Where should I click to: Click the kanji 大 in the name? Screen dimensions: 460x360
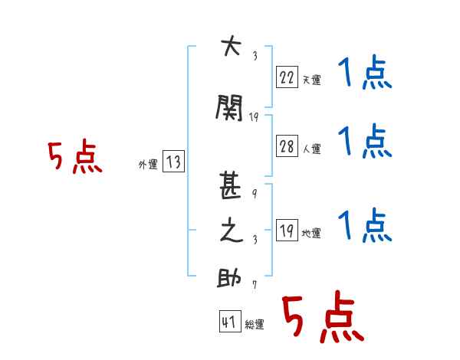[x=232, y=45]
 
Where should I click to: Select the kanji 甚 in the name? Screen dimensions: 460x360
[x=230, y=185]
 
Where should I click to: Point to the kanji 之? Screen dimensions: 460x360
[x=232, y=230]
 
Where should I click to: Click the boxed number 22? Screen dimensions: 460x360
[x=287, y=77]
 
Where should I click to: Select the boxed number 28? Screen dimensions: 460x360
[x=287, y=146]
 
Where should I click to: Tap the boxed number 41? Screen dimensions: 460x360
[x=230, y=321]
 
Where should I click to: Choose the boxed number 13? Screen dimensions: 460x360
[x=173, y=161]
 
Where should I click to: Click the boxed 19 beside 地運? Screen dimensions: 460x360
[x=287, y=230]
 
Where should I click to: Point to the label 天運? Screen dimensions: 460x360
[x=312, y=80]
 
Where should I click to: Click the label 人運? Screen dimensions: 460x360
[x=312, y=149]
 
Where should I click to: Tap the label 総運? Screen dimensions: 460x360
[x=255, y=324]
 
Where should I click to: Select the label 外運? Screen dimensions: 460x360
[x=148, y=165]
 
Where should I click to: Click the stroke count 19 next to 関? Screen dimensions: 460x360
[x=254, y=117]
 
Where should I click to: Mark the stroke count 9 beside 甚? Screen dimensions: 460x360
[x=255, y=193]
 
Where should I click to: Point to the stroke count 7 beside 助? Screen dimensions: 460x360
[x=255, y=285]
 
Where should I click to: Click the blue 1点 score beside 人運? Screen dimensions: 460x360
[x=365, y=141]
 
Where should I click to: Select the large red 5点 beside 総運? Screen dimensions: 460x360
[x=323, y=316]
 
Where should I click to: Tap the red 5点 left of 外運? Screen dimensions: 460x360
[x=75, y=156]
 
